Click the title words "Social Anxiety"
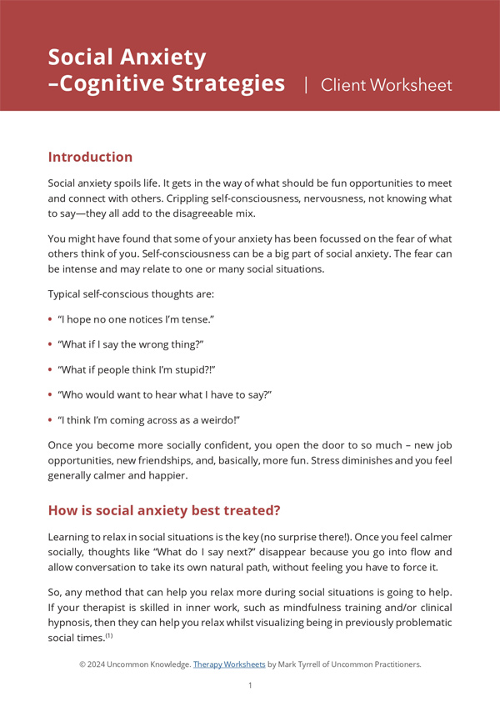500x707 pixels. [x=127, y=57]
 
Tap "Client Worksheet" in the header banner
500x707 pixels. [x=386, y=85]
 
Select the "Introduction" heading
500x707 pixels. [x=90, y=157]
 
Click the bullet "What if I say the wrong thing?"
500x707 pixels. [x=131, y=344]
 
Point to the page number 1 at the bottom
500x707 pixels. [x=250, y=685]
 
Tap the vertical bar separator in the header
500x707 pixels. [x=306, y=85]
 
